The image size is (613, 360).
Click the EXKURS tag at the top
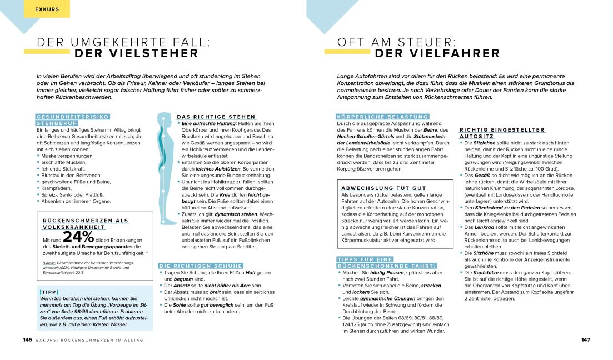[47, 9]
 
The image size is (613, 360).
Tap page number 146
[27, 339]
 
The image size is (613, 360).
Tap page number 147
[585, 339]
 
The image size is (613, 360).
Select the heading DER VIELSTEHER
[136, 53]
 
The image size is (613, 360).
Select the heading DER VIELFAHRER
[437, 53]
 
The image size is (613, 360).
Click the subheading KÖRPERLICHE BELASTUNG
[382, 116]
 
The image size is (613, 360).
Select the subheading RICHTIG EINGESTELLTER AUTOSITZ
[502, 133]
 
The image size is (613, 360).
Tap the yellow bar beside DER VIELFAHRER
[346, 51]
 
